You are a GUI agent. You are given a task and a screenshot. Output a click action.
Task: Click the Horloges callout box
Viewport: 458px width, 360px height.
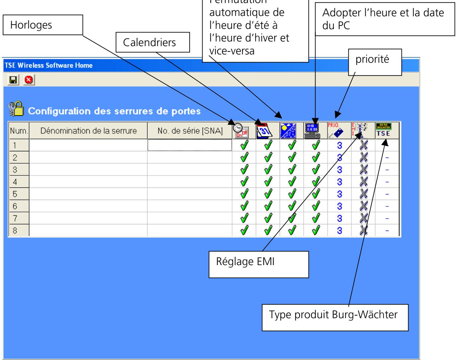(43, 25)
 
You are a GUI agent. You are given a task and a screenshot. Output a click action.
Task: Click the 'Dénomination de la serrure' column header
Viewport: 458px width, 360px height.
(88, 131)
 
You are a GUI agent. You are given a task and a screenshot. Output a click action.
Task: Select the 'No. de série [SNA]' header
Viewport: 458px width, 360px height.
(190, 131)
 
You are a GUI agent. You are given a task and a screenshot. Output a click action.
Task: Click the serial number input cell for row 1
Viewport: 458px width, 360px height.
(190, 145)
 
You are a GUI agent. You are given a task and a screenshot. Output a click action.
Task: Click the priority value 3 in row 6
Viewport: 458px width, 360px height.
(339, 206)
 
